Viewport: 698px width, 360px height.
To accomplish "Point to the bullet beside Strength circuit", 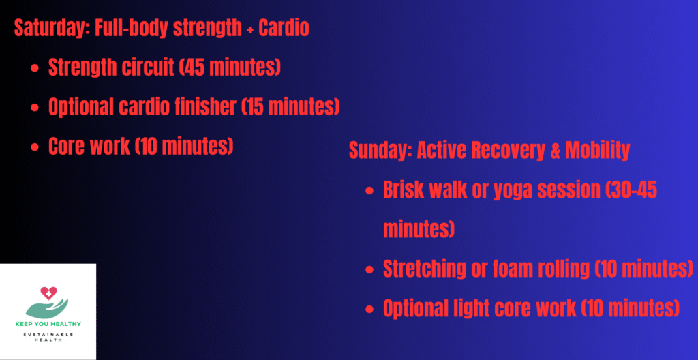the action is click(x=35, y=69).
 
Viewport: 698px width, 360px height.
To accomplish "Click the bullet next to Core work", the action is click(x=35, y=147).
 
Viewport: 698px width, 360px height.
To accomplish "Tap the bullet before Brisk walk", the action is click(x=369, y=192).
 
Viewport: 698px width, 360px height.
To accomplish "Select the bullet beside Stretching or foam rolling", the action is click(x=369, y=269).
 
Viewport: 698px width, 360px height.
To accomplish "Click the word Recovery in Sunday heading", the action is click(x=507, y=151).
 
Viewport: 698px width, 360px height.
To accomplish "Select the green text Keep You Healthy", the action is click(x=48, y=324).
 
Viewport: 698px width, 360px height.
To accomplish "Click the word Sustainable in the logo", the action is click(x=48, y=334).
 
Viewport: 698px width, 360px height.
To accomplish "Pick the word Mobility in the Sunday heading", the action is click(x=597, y=151).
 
